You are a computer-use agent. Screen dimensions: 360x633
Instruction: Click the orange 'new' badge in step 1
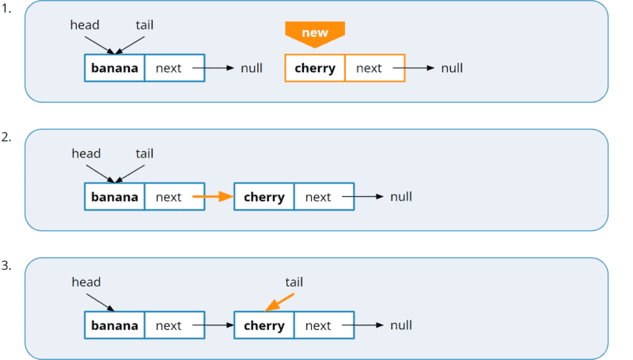click(x=315, y=33)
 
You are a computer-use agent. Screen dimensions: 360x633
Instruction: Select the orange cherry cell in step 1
click(x=315, y=68)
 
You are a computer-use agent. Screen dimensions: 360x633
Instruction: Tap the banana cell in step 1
click(x=115, y=68)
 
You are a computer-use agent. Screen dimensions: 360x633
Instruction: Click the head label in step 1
click(x=85, y=25)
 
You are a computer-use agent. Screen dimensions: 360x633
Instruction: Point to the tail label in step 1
click(x=144, y=25)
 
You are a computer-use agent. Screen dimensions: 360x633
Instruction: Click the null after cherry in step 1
click(x=452, y=68)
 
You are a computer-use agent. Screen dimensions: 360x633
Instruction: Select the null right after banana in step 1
click(x=252, y=68)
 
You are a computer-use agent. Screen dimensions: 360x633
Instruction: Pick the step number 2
click(x=6, y=137)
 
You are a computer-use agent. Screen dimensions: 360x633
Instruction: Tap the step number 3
click(x=6, y=265)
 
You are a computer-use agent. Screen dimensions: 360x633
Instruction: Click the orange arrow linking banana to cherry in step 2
click(x=212, y=197)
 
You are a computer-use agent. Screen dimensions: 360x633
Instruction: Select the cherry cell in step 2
click(x=264, y=197)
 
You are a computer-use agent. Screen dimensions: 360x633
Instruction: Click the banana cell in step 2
click(x=115, y=197)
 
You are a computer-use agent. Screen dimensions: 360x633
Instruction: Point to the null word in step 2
click(x=401, y=197)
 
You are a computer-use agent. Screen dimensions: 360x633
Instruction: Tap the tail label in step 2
click(x=144, y=153)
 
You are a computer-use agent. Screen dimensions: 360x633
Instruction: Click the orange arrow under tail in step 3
click(x=279, y=303)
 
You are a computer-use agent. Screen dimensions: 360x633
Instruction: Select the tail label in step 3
click(x=294, y=282)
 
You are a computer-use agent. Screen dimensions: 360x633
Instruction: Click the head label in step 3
click(x=85, y=282)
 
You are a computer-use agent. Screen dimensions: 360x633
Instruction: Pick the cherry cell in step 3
click(x=264, y=325)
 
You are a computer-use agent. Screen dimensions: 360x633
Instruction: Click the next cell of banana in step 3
click(x=169, y=325)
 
